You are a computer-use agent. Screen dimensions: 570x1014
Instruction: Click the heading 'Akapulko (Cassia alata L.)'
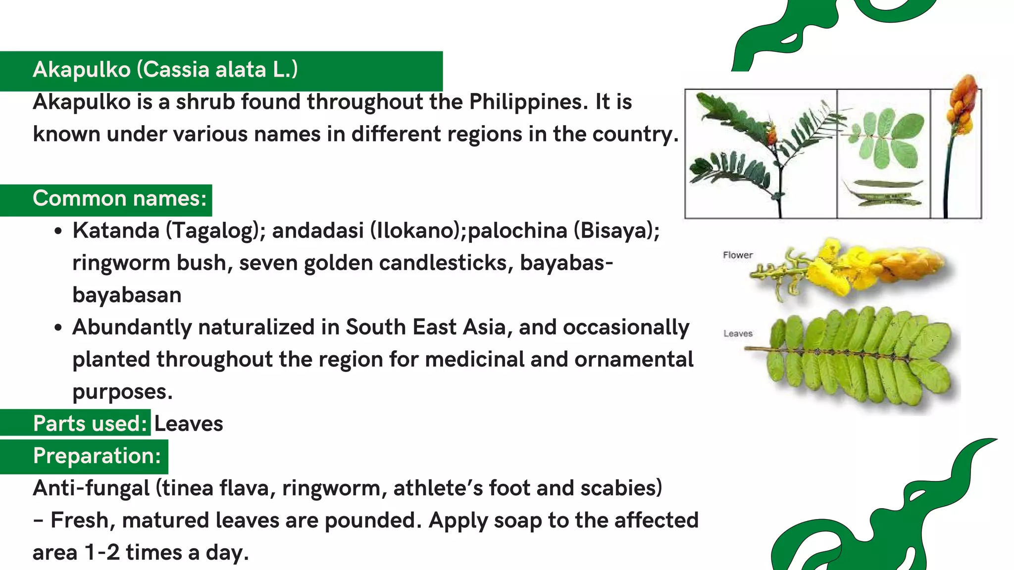click(165, 70)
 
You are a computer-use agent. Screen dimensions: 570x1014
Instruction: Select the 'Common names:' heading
click(119, 198)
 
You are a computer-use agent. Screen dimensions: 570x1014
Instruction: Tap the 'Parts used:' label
click(90, 424)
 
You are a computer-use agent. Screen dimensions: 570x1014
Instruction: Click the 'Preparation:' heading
click(97, 456)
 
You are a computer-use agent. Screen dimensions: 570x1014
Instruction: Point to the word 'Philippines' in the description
click(528, 102)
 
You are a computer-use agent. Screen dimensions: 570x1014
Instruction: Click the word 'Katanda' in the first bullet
click(116, 231)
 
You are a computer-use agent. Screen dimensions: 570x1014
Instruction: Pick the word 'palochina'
click(517, 231)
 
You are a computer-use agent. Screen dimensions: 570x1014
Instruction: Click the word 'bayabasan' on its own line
click(127, 295)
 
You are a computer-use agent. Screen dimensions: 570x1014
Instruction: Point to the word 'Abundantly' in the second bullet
click(132, 327)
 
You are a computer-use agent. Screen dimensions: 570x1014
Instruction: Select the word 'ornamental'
click(634, 359)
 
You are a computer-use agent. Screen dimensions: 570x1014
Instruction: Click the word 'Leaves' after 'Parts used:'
click(189, 424)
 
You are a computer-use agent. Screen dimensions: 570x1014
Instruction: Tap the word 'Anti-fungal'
click(91, 488)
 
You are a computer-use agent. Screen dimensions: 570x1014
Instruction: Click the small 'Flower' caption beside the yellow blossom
click(738, 255)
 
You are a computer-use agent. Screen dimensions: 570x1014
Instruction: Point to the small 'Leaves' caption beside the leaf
click(738, 333)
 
